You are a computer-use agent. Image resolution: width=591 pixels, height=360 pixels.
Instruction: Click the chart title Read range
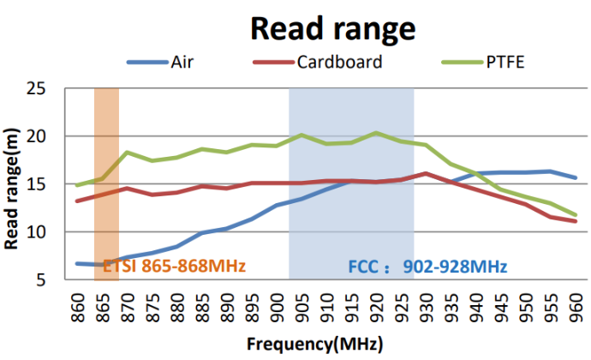click(332, 27)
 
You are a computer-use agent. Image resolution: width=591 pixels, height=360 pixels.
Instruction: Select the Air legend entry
click(181, 62)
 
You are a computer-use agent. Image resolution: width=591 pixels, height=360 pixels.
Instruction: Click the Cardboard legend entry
click(339, 62)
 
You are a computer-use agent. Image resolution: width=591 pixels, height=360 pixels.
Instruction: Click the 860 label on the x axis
click(78, 303)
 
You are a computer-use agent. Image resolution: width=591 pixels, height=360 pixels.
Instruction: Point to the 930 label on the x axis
click(427, 303)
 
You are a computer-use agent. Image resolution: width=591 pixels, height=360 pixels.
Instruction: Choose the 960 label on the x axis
click(576, 303)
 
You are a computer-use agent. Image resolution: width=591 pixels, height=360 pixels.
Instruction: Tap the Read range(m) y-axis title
click(14, 183)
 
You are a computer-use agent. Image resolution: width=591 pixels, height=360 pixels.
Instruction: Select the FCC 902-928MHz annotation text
click(427, 267)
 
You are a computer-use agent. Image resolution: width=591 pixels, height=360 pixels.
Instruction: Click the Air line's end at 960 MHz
click(576, 178)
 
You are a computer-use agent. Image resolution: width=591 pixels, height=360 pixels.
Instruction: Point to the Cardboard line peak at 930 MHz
click(427, 174)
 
